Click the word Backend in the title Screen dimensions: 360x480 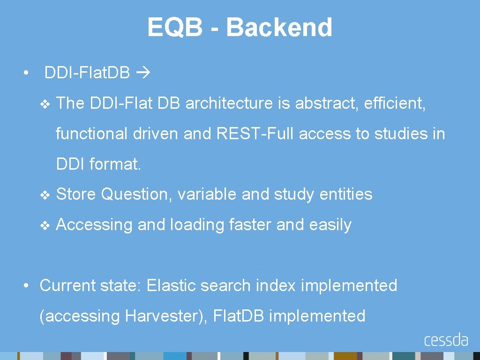coord(279,27)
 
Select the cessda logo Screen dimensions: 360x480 coord(446,339)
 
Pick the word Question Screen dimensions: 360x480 coord(136,194)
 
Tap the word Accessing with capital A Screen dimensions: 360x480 coord(94,225)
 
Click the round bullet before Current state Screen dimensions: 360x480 coord(28,285)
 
